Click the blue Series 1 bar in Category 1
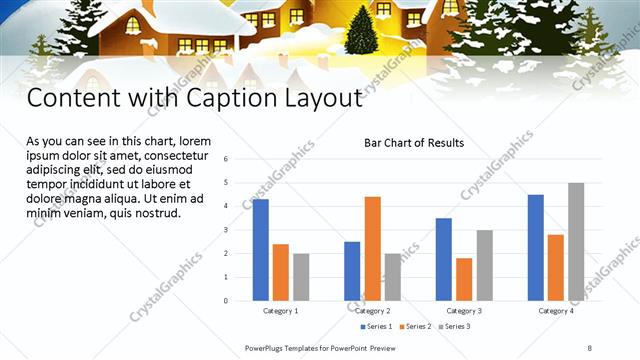point(260,250)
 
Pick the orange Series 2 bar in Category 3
point(464,279)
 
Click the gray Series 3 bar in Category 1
point(300,277)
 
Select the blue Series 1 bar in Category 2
point(352,271)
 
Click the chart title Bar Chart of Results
point(413,143)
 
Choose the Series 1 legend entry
point(378,327)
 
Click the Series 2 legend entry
point(416,327)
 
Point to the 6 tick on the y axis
point(227,159)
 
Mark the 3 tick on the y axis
point(227,230)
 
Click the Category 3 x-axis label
point(464,311)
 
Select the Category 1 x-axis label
point(280,311)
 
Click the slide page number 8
point(589,349)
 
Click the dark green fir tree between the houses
point(361,30)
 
